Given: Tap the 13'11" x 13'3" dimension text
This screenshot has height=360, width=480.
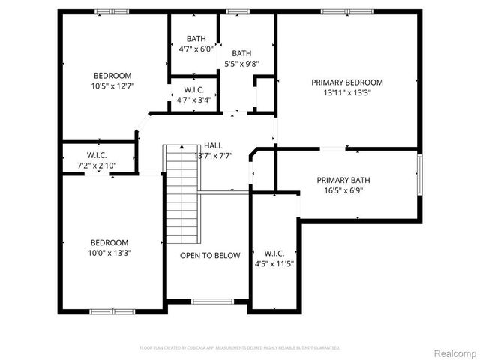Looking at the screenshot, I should point(347,93).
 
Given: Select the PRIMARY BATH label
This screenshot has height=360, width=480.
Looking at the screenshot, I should point(343,180).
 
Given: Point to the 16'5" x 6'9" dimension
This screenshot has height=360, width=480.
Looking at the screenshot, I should point(343,190).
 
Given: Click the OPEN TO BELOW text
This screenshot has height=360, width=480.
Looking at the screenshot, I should point(210,256).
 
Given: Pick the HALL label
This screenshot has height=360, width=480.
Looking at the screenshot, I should point(213,145).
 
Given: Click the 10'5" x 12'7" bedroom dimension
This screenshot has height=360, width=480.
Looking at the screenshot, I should point(112,86).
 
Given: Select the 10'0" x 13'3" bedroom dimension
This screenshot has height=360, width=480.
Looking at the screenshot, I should point(109,253).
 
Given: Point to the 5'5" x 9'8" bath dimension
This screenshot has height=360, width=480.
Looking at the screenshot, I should point(241,64).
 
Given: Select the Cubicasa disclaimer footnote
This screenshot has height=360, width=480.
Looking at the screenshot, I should point(240,348).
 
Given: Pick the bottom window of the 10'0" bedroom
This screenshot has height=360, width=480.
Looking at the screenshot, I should point(112,310).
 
